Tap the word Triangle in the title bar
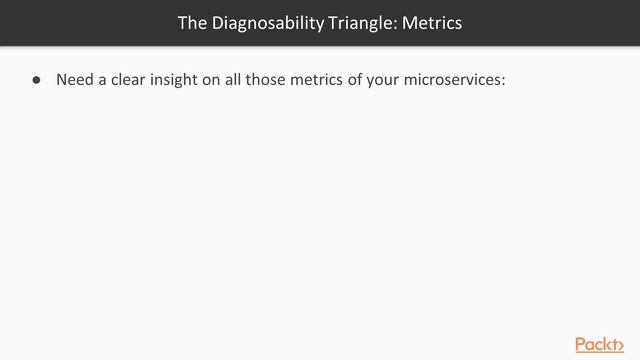tap(349, 22)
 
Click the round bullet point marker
tap(35, 80)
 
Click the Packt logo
tap(603, 343)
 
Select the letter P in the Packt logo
tap(582, 343)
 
